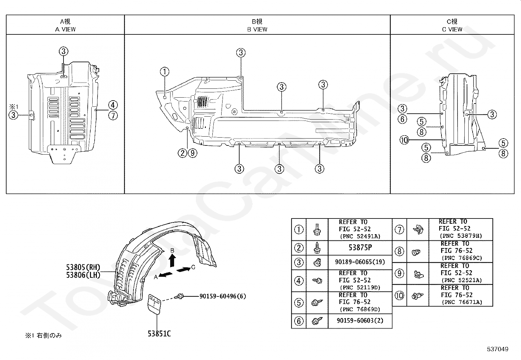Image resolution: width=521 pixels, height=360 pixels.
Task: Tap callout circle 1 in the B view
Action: click(165, 71)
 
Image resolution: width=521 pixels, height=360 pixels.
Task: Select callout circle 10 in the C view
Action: click(404, 140)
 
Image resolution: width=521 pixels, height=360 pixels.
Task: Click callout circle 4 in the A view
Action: click(113, 105)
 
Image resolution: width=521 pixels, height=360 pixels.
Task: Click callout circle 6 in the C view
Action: click(403, 119)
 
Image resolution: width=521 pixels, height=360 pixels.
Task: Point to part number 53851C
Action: click(159, 333)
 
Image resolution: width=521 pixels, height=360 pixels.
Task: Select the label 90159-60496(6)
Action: click(223, 296)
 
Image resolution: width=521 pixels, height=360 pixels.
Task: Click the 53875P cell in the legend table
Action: click(360, 248)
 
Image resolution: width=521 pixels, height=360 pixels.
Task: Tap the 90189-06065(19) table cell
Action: click(360, 262)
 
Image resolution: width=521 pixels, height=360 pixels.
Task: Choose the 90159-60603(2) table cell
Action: click(360, 321)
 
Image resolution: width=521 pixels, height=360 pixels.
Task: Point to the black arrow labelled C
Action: click(183, 269)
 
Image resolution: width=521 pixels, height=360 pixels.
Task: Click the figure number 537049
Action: click(497, 349)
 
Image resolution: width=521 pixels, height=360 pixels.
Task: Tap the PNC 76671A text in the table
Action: click(462, 302)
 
